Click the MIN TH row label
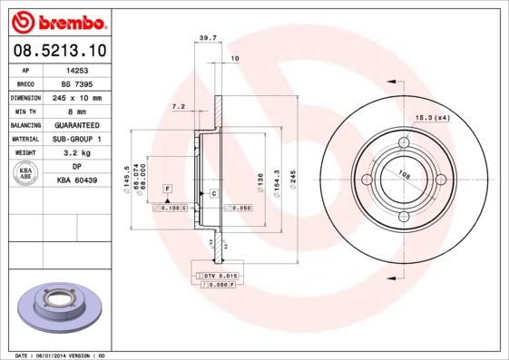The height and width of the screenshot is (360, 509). [26, 111]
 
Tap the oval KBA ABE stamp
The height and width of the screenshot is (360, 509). [26, 174]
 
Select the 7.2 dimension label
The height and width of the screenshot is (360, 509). [178, 107]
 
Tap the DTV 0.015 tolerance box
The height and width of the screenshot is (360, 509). [217, 274]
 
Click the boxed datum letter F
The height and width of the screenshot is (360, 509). [167, 187]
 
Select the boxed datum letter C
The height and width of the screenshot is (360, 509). [213, 194]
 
